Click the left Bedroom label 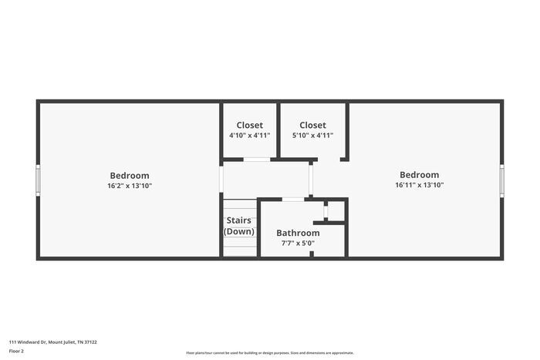click(x=130, y=175)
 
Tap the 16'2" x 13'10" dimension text click(x=130, y=186)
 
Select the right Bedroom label click(x=419, y=175)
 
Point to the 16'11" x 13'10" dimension click(x=419, y=185)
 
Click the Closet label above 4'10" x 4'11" click(x=249, y=125)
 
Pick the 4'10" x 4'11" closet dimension click(x=249, y=136)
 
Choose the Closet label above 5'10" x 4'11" click(x=312, y=125)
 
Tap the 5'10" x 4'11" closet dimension click(x=312, y=136)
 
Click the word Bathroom click(x=298, y=233)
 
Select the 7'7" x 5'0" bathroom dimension click(x=298, y=244)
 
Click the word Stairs click(x=238, y=220)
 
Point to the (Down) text click(x=238, y=231)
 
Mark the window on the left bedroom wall click(x=38, y=180)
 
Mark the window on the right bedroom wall click(x=502, y=180)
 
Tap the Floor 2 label click(x=16, y=351)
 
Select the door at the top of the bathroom click(x=292, y=200)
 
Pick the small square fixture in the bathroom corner click(x=326, y=211)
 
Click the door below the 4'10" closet click(x=256, y=160)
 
